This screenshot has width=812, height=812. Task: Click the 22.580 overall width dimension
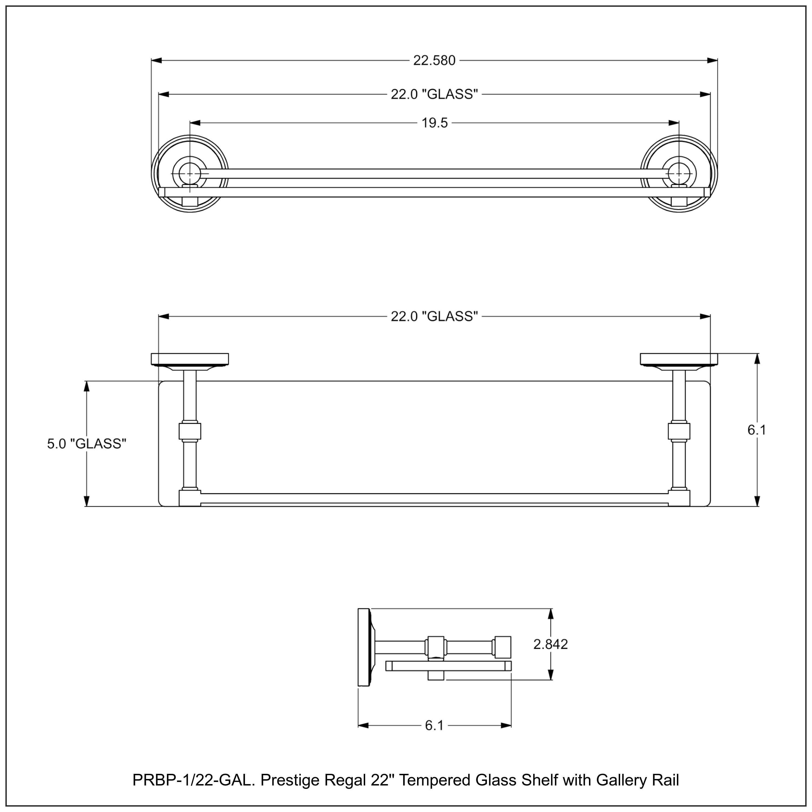coord(434,61)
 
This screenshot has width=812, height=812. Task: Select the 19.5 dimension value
coord(435,123)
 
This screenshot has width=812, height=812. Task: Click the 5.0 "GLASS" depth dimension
coord(87,444)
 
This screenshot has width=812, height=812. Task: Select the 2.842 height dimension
coord(550,644)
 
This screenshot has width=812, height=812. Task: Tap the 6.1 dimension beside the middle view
coord(757,430)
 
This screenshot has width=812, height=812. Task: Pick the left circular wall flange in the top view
coord(190,173)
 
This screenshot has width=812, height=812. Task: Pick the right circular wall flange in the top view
coord(679,173)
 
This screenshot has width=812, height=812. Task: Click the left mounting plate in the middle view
coord(190,359)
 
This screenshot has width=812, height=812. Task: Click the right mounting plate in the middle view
coord(679,359)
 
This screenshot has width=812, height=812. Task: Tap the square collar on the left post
coord(190,431)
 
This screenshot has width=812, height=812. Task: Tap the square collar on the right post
coord(679,431)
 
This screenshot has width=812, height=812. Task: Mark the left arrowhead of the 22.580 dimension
coord(156,61)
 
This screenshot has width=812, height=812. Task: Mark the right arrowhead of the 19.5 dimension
coord(674,123)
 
